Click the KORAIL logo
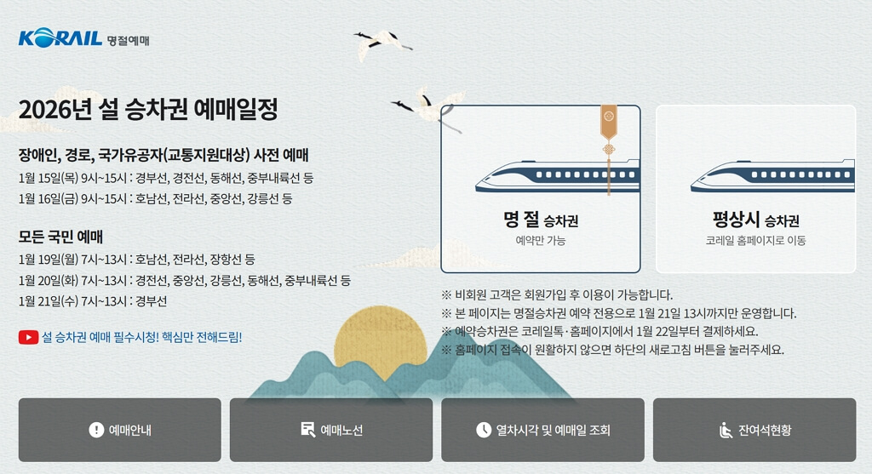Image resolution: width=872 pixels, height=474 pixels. [x=60, y=38]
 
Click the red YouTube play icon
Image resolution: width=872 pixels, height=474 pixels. [x=28, y=337]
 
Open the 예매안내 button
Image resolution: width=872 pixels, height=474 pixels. [x=119, y=430]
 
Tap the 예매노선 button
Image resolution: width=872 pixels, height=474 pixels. [x=331, y=430]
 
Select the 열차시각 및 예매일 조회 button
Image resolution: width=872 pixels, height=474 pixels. [x=543, y=430]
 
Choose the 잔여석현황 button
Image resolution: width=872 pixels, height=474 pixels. [x=754, y=430]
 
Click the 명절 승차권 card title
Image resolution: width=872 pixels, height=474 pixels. [x=541, y=220]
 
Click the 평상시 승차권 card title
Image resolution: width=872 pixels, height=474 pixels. [x=755, y=220]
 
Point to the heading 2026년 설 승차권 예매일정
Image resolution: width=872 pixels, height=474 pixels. [x=148, y=110]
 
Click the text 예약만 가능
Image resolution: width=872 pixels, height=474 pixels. [x=541, y=241]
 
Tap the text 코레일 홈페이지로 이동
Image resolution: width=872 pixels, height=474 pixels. [x=755, y=241]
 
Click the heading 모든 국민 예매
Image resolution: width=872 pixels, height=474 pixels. [x=60, y=237]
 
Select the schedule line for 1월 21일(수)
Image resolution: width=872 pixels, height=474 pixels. [x=93, y=301]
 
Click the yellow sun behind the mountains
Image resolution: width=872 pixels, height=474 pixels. [x=379, y=340]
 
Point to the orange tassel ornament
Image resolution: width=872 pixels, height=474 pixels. [x=608, y=128]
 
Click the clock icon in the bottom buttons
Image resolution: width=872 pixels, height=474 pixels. [x=484, y=430]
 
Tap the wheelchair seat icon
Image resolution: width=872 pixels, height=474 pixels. [x=726, y=430]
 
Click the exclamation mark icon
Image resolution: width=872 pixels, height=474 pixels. [x=96, y=430]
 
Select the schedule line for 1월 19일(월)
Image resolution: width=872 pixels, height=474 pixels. [x=136, y=259]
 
